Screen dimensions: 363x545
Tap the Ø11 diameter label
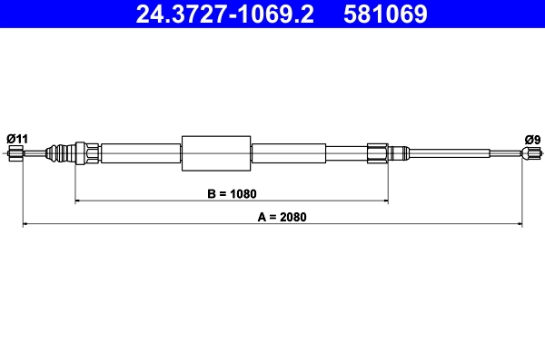[x=17, y=138]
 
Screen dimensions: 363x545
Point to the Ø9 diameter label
[x=532, y=139]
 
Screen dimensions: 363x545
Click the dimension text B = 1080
[x=232, y=193]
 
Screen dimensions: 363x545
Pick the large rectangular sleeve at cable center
[x=215, y=152]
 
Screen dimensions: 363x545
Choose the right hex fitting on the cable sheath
[x=378, y=152]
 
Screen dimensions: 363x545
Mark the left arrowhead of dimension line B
[x=79, y=201]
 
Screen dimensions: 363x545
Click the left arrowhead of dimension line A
[x=26, y=223]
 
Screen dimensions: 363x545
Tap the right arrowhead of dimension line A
[x=520, y=223]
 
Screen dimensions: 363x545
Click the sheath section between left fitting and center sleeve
[x=141, y=152]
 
